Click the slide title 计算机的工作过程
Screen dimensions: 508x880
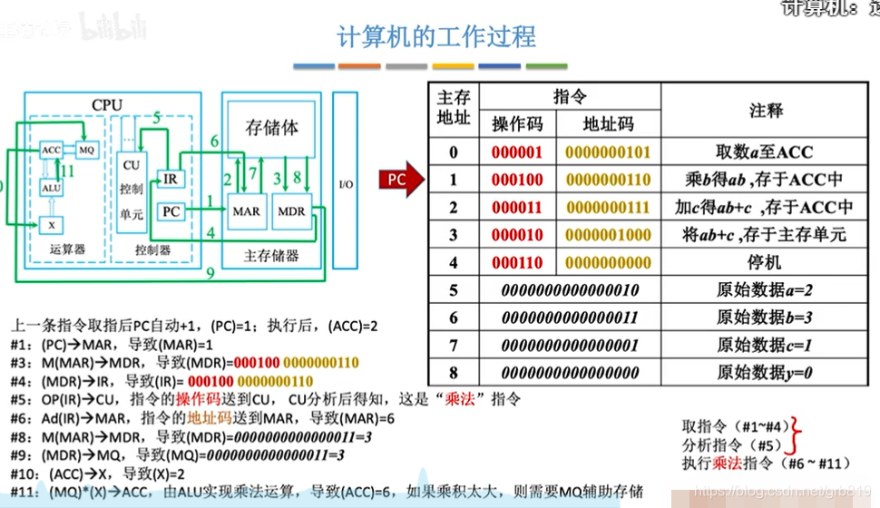pos(436,37)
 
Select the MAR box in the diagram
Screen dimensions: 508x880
pos(245,211)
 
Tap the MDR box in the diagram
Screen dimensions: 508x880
pos(292,211)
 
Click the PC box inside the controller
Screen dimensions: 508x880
pos(171,211)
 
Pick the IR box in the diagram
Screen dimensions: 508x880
pos(171,179)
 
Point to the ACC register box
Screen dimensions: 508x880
pos(52,149)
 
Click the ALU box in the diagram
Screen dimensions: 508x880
pos(51,187)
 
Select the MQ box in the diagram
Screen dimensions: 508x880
pos(85,149)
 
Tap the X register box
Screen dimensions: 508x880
pos(51,222)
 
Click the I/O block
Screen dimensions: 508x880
pos(346,184)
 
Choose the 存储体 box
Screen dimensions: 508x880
pos(271,128)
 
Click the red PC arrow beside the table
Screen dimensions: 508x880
pos(399,179)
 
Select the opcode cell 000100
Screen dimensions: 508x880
pos(517,180)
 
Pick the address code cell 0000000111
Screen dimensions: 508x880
pos(608,208)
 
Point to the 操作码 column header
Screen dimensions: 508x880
pos(517,124)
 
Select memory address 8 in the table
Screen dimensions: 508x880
pos(454,373)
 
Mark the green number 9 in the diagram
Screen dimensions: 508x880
pos(210,271)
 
